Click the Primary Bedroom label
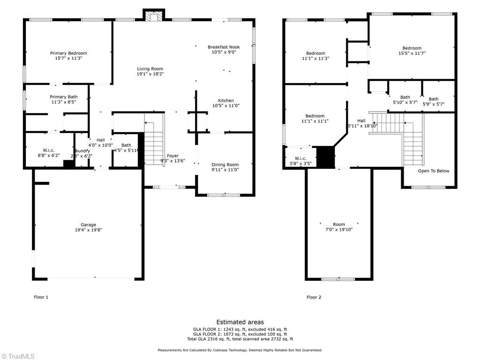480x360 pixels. tap(68, 53)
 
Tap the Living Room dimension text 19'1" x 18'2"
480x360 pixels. tap(150, 74)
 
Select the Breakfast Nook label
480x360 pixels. tap(224, 47)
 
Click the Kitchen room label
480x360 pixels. tap(225, 101)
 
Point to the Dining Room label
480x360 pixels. tap(225, 165)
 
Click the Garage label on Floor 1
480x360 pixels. tap(88, 225)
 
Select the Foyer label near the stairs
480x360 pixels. tap(172, 156)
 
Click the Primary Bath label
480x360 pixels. tap(64, 97)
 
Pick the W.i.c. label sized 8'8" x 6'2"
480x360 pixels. tap(49, 150)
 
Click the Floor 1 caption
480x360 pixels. tap(41, 297)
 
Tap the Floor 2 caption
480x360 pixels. tap(314, 297)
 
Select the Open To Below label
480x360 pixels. tap(433, 171)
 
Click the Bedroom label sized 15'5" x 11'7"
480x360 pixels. tap(412, 48)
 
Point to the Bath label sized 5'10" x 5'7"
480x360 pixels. tap(405, 97)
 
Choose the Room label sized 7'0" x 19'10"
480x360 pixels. tap(339, 225)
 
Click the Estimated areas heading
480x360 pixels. tap(240, 322)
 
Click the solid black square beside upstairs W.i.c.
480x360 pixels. tap(325, 157)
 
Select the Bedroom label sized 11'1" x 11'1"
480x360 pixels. tap(315, 116)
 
